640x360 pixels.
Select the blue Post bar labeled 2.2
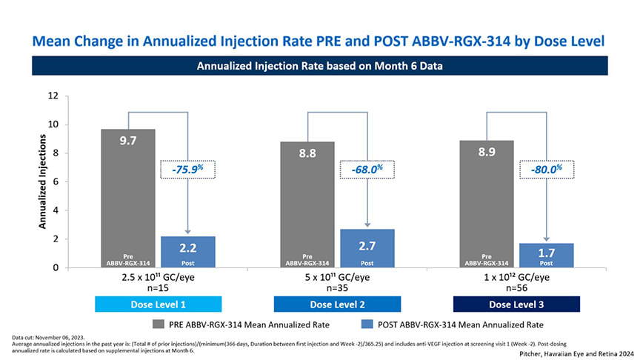tap(187, 252)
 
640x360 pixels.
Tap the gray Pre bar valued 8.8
tap(307, 204)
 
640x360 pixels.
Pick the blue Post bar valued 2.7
tap(367, 248)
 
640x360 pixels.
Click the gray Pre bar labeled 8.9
tap(487, 204)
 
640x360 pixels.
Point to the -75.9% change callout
tap(188, 170)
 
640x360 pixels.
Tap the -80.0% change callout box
tap(547, 170)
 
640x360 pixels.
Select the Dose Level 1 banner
tap(158, 304)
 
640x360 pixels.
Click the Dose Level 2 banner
tap(337, 304)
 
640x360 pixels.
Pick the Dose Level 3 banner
tap(516, 304)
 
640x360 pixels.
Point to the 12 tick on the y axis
tap(53, 96)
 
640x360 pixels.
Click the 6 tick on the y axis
tap(56, 182)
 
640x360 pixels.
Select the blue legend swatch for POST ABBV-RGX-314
tap(365, 324)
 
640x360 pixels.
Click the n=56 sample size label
tap(516, 289)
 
